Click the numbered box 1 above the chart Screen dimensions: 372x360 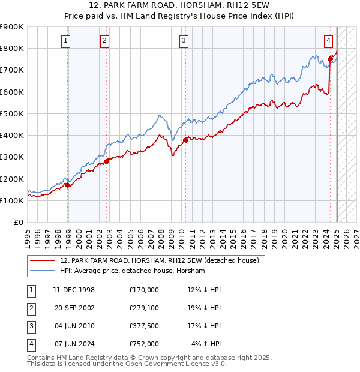(65, 41)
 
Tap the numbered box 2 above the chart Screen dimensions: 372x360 (104, 41)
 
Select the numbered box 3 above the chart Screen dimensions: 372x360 (183, 41)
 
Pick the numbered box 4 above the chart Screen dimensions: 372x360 (329, 41)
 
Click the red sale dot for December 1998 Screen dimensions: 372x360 (68, 185)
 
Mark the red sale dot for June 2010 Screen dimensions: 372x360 (185, 140)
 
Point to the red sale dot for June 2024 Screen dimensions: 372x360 (330, 58)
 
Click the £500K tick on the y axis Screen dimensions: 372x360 (13, 113)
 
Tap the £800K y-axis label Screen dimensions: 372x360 (13, 48)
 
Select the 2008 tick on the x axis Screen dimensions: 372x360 (161, 234)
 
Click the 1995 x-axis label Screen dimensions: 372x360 (28, 234)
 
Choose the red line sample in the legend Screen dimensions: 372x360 (42, 260)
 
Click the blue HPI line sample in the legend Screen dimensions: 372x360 (42, 271)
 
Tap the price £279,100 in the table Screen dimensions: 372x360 (144, 307)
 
